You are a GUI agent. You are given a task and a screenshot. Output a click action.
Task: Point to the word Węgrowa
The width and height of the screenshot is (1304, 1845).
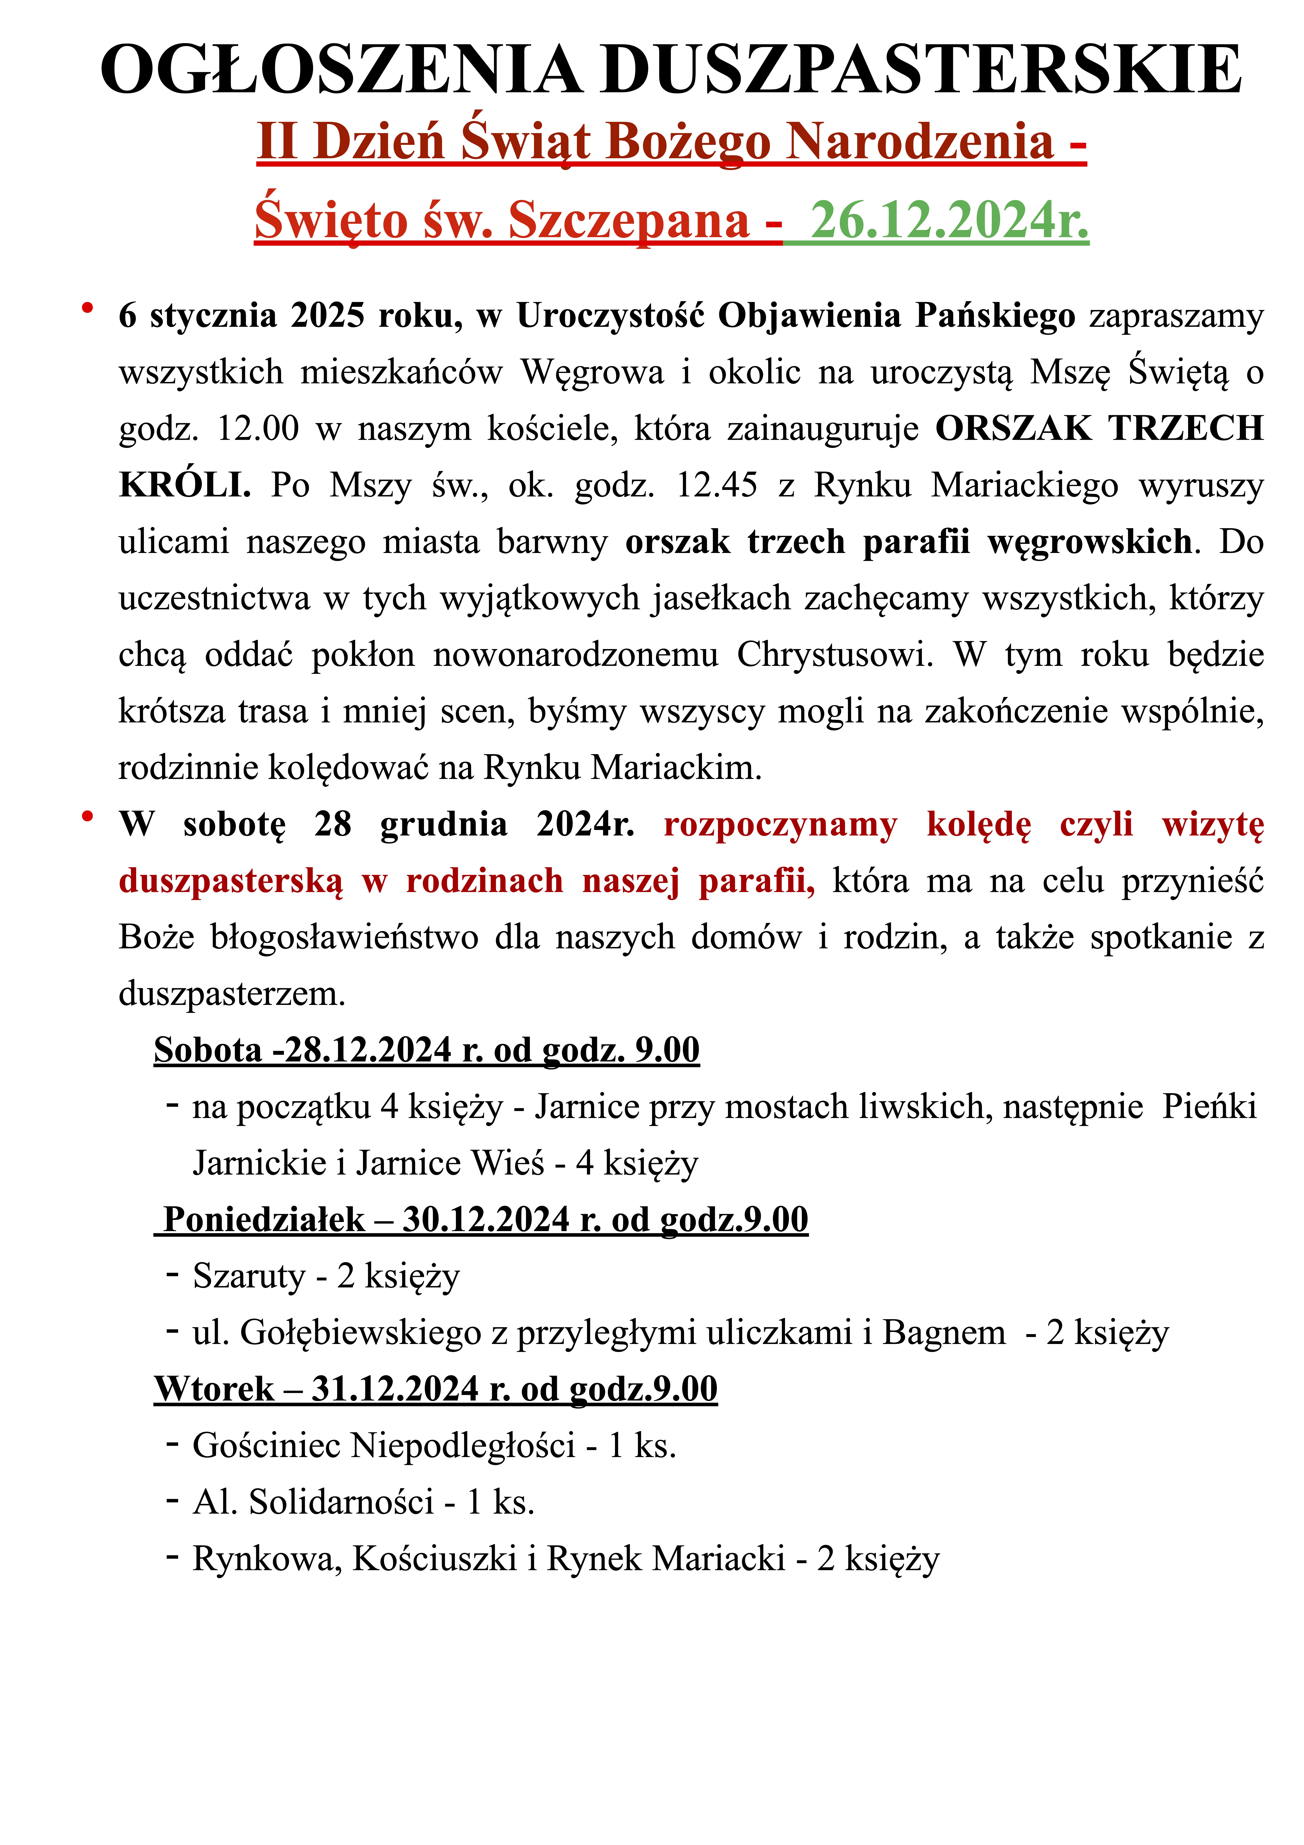coord(592,372)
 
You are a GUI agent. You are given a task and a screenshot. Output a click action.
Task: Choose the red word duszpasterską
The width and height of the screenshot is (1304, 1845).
coord(231,881)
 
